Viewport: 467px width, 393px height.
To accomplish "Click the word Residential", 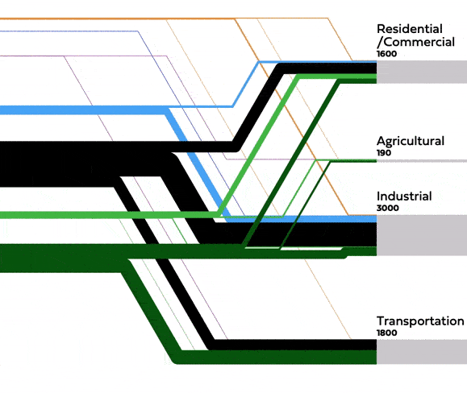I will pyautogui.click(x=409, y=29).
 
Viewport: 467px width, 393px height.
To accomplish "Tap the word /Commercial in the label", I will pyautogui.click(x=415, y=42).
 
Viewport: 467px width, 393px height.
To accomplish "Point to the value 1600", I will pyautogui.click(x=387, y=53).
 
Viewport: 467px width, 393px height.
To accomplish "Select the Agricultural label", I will pyautogui.click(x=410, y=141).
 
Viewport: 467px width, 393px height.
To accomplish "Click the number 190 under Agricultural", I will pyautogui.click(x=384, y=152).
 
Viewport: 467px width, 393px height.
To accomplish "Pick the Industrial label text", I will pyautogui.click(x=404, y=196).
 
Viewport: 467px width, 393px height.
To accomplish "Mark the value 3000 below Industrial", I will pyautogui.click(x=387, y=208).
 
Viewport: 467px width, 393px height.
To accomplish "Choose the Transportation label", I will pyautogui.click(x=419, y=321).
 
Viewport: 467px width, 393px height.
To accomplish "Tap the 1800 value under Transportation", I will pyautogui.click(x=387, y=332).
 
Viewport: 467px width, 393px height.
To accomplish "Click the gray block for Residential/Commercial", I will pyautogui.click(x=421, y=72).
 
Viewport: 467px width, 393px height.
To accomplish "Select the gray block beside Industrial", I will pyautogui.click(x=421, y=235).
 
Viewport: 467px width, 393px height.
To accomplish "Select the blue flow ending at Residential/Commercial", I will pyautogui.click(x=323, y=61).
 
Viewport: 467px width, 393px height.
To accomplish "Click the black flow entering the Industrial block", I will pyautogui.click(x=323, y=234).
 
